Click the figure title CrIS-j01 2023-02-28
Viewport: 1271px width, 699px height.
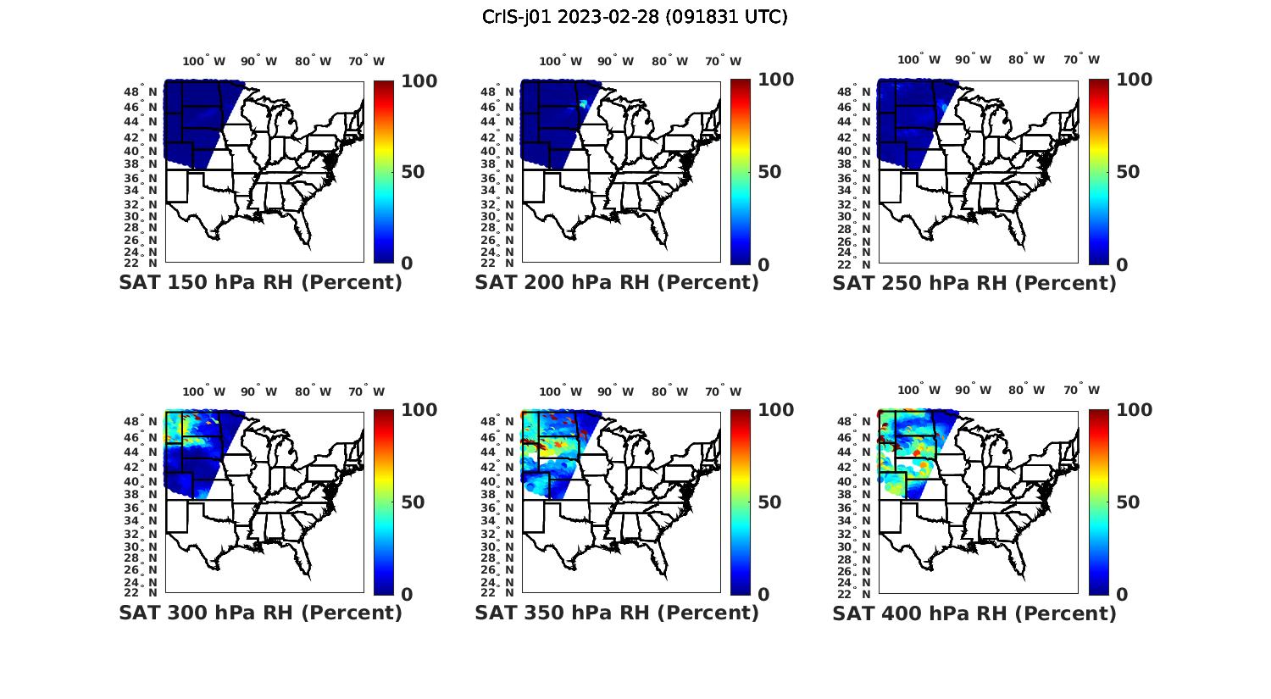635,17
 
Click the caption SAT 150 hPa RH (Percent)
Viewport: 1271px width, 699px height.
260,283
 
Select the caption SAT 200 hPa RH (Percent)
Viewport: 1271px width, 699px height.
617,283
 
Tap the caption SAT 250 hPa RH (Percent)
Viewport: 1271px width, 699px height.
974,283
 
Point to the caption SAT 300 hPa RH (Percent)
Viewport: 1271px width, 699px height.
260,613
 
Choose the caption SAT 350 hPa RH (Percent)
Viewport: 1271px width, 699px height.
617,613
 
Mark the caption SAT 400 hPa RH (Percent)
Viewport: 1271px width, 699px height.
974,613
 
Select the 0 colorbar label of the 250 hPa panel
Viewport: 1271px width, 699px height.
1122,264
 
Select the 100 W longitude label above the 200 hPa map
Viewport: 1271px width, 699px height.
560,61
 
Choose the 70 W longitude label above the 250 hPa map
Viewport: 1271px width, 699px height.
1081,59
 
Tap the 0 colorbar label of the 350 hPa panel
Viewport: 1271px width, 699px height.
763,595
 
